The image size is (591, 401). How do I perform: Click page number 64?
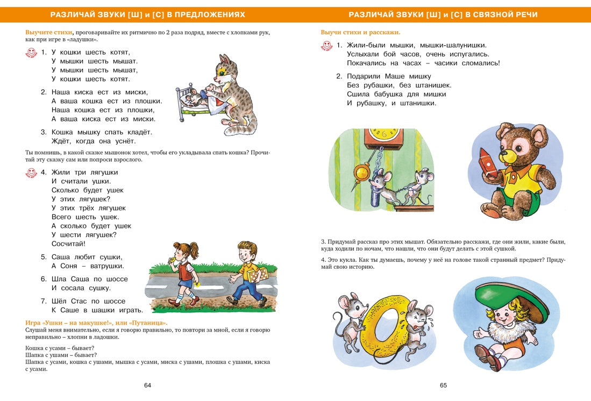point(148,385)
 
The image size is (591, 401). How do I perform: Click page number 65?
point(443,385)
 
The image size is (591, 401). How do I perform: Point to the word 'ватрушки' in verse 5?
point(106,266)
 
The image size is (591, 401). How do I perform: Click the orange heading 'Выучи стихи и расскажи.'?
point(360,32)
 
